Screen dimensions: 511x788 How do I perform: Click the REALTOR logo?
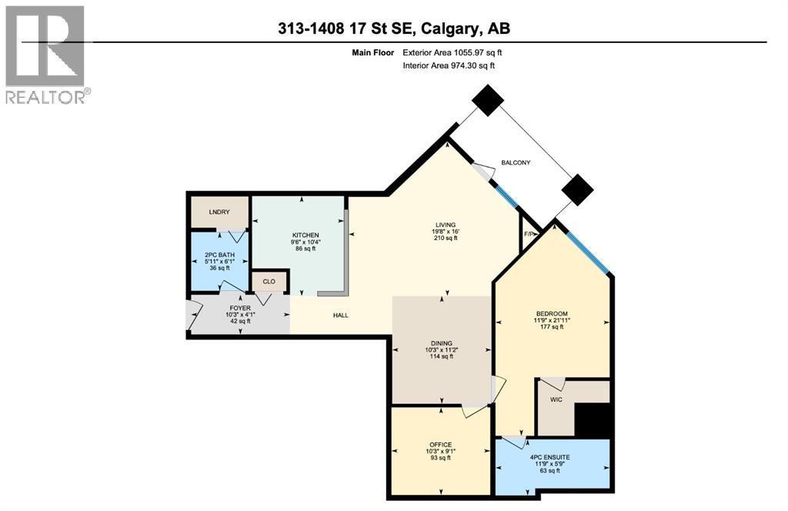pos(45,54)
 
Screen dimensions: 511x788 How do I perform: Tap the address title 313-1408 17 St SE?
pos(394,28)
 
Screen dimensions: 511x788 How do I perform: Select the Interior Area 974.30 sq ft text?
pos(449,66)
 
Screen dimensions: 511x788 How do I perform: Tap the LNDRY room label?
pos(219,212)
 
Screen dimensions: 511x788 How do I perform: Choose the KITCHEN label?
pos(305,235)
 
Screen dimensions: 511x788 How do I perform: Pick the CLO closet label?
pos(269,282)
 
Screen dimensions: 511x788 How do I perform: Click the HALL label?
pos(342,316)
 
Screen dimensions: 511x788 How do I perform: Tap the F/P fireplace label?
pos(529,234)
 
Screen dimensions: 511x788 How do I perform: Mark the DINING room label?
pos(442,343)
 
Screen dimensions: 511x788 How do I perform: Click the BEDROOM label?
pos(552,313)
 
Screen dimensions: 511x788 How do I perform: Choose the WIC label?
pos(556,401)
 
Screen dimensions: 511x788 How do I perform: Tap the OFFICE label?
pos(441,445)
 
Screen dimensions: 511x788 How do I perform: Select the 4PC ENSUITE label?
pos(552,458)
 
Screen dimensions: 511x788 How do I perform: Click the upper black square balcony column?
pos(487,99)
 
